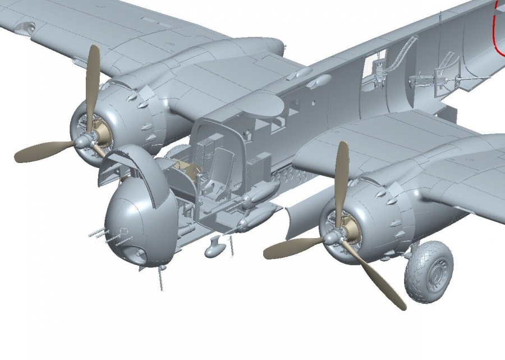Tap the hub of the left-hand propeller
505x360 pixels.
84,140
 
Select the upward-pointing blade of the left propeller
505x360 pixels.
93,79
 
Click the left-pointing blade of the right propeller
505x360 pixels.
292,247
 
